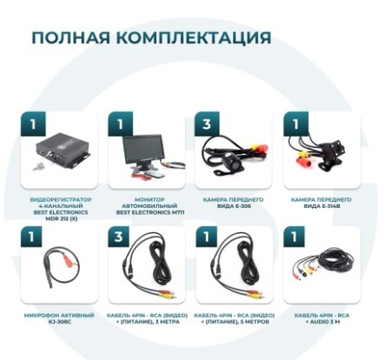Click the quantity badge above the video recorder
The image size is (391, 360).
[31, 123]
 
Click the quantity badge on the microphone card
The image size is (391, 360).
[31, 236]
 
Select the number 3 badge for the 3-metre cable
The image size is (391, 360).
[120, 236]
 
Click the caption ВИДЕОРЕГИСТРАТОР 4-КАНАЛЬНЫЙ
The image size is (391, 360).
[60, 205]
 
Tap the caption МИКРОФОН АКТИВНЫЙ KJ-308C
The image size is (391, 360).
[60, 314]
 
